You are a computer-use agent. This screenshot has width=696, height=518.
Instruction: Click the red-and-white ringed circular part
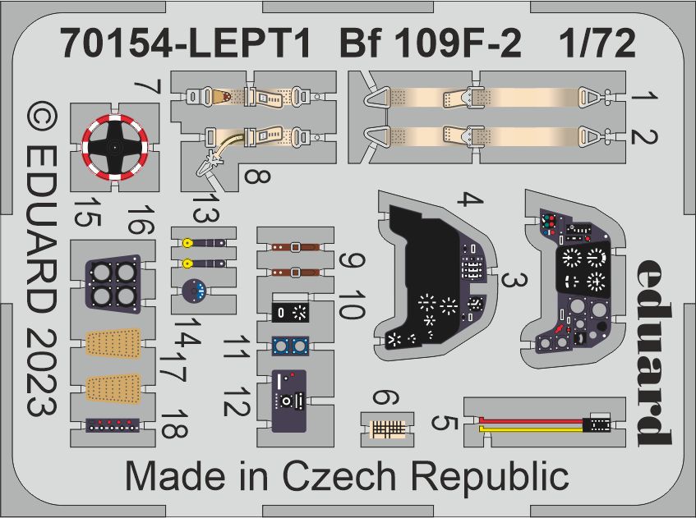coord(114,147)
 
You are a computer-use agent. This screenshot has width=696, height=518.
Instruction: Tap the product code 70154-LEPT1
coord(186,44)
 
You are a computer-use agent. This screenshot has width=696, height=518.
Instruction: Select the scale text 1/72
coord(597,44)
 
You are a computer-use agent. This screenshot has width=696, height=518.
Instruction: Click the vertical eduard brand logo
coord(653,351)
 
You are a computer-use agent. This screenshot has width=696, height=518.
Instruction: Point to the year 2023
coord(42,373)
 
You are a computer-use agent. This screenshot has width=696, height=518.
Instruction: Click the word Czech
coord(339,477)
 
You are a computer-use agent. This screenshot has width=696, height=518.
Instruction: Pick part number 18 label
coord(174,424)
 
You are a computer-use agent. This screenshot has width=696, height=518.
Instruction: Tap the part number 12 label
coord(237,401)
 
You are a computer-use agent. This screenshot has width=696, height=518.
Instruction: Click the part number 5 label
coord(445,423)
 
